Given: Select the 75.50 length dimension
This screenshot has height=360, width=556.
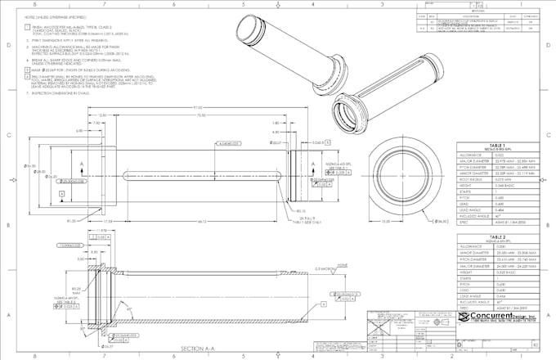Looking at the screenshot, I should tap(200, 115).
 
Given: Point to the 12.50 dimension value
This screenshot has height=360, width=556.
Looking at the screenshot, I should tap(103, 115).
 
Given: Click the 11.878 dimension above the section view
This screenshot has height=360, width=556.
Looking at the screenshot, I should tap(102, 232).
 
